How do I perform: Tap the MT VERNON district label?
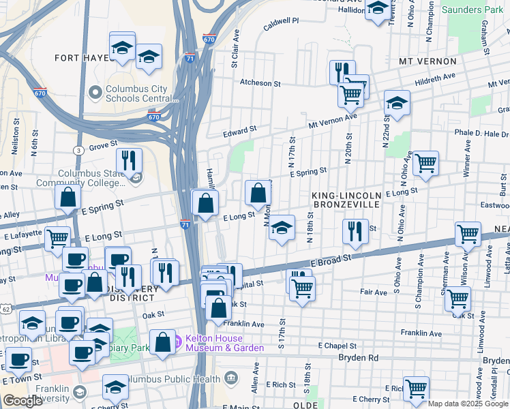[427, 61]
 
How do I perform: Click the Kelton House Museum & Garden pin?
[177, 339]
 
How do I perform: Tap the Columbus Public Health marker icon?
[230, 378]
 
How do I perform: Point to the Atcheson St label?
[260, 83]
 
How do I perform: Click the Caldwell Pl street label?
[282, 21]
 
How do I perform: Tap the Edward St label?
[243, 129]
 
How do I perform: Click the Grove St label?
[103, 145]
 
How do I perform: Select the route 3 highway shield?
[79, 150]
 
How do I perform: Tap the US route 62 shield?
[5, 309]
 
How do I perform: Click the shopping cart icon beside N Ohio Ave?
[425, 164]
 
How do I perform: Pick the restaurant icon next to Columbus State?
[129, 161]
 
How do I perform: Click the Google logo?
[23, 401]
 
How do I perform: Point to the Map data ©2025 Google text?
[467, 404]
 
